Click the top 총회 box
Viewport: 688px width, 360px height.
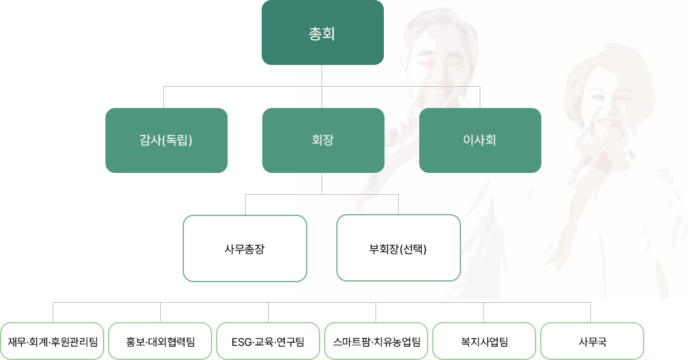(322, 32)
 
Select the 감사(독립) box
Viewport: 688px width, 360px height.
(166, 140)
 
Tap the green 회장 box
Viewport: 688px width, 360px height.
(323, 140)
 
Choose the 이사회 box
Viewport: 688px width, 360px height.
(480, 140)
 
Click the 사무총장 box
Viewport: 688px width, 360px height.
(244, 248)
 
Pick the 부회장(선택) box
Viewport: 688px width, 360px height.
(398, 248)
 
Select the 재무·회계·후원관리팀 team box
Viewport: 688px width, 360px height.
(52, 341)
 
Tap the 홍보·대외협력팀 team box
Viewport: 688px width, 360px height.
(160, 341)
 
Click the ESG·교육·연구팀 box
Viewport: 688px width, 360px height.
(268, 341)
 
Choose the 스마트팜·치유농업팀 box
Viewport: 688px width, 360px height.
(376, 341)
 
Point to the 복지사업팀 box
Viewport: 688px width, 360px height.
(484, 341)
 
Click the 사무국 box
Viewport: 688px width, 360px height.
(592, 341)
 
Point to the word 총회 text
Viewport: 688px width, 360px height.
(322, 33)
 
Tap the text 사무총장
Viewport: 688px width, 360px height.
(244, 249)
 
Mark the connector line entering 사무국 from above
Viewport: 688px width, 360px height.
(591, 312)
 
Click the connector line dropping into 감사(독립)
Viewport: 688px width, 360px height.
(164, 97)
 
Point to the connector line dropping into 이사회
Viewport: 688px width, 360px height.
(480, 97)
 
